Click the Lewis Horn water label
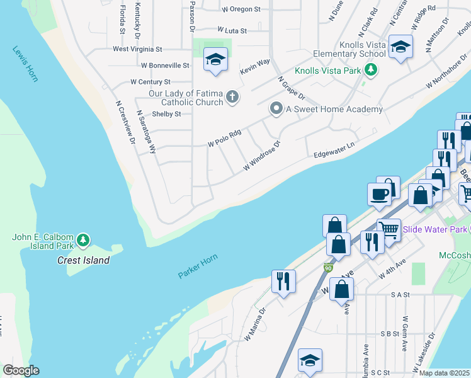coord(25,64)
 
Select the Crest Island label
coord(83,260)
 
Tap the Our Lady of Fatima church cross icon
coord(232,97)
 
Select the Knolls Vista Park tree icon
coord(372,70)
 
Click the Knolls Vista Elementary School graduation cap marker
coord(400,47)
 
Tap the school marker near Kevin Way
coord(215,60)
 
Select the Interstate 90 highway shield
coord(328,268)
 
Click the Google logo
coord(21,370)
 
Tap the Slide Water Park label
coord(434,229)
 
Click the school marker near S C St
coord(310,360)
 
